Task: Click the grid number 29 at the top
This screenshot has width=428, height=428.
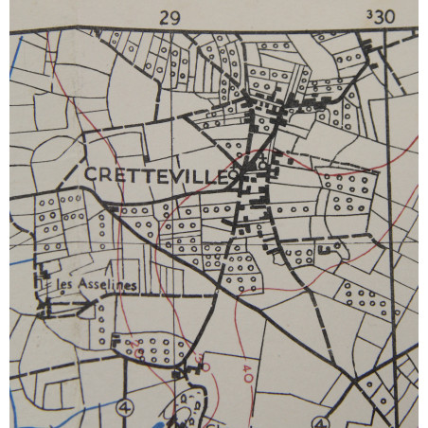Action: click(x=170, y=16)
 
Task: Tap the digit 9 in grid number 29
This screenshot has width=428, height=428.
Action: click(x=176, y=16)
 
